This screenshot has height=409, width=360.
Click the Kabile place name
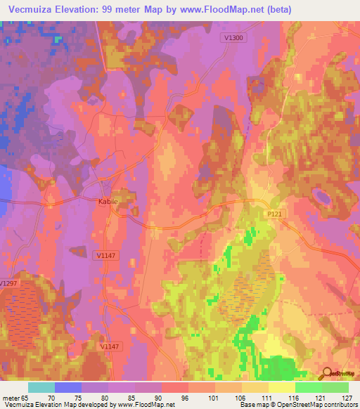tap(108, 200)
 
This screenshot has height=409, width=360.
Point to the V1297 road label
tap(8, 283)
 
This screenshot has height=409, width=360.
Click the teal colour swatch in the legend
tap(41, 387)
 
